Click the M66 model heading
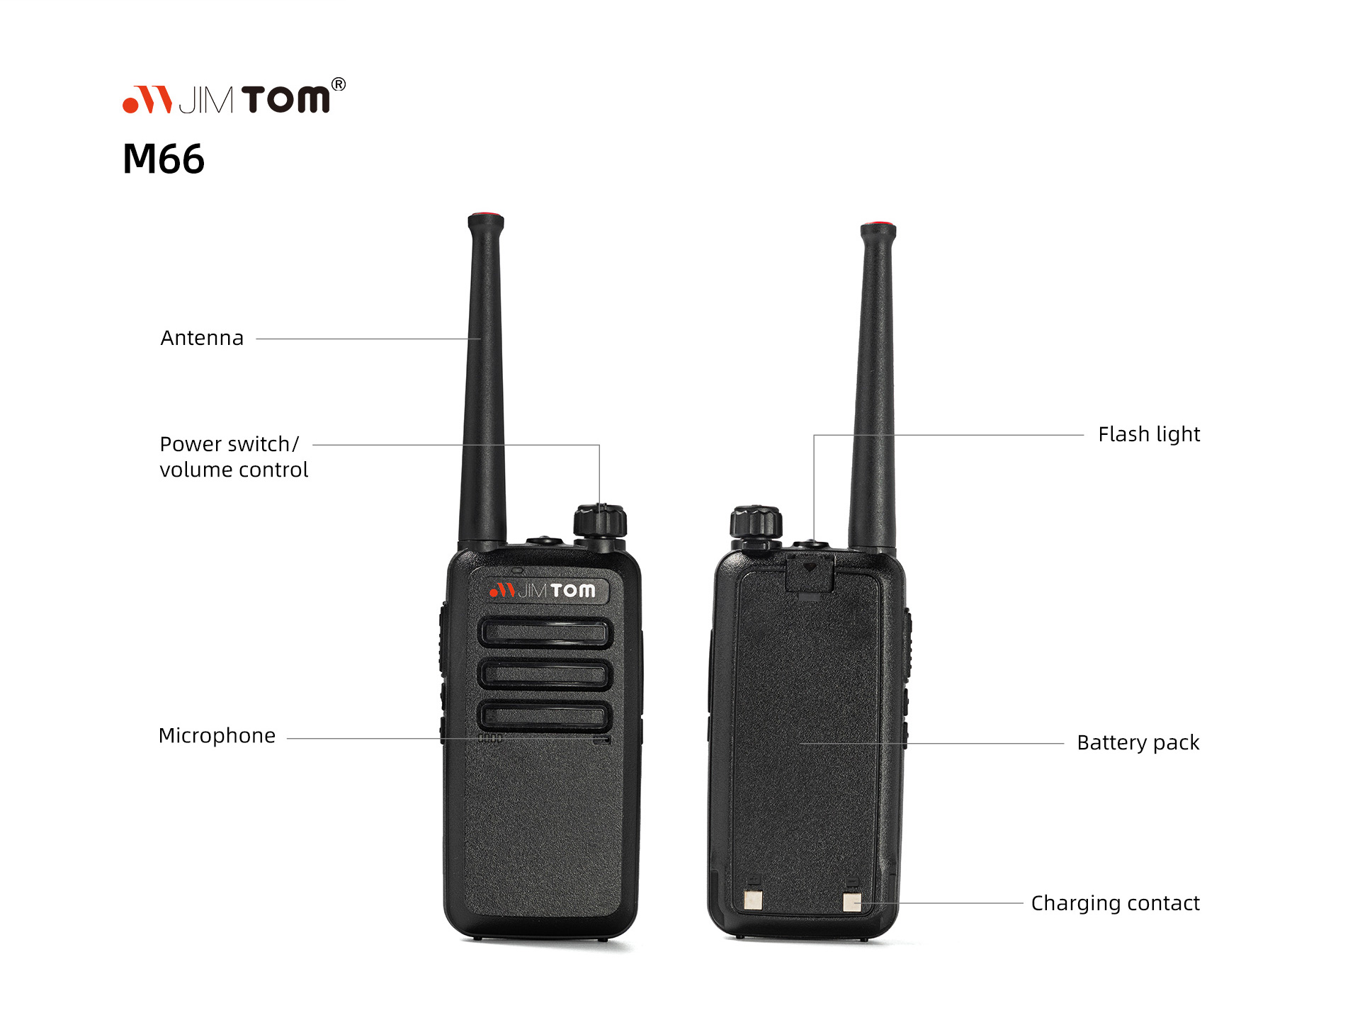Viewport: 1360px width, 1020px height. pos(164,159)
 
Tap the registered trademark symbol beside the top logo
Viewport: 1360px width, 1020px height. pos(339,84)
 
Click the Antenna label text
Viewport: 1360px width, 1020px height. pos(202,338)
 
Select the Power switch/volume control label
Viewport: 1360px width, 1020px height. pos(234,457)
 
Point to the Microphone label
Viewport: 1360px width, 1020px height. pos(217,736)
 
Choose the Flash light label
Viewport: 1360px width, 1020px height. pos(1149,434)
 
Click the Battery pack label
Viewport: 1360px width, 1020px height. pos(1138,742)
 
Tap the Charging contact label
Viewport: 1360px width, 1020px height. pos(1116,903)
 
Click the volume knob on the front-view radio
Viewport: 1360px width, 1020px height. pos(600,522)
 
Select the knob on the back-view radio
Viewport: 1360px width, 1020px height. pos(756,523)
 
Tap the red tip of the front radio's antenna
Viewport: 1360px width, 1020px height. pos(485,215)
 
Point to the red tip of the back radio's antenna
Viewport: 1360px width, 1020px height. pos(878,225)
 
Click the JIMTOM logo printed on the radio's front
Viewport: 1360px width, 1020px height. pos(543,590)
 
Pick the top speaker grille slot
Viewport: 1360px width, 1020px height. pos(545,633)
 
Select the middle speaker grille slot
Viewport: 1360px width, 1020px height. pos(545,674)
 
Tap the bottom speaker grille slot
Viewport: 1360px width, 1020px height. pos(545,716)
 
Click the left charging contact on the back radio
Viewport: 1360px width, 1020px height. pos(752,900)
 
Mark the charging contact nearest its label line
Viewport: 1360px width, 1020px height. pos(852,902)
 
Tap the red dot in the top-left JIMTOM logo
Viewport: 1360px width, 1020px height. pos(130,106)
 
